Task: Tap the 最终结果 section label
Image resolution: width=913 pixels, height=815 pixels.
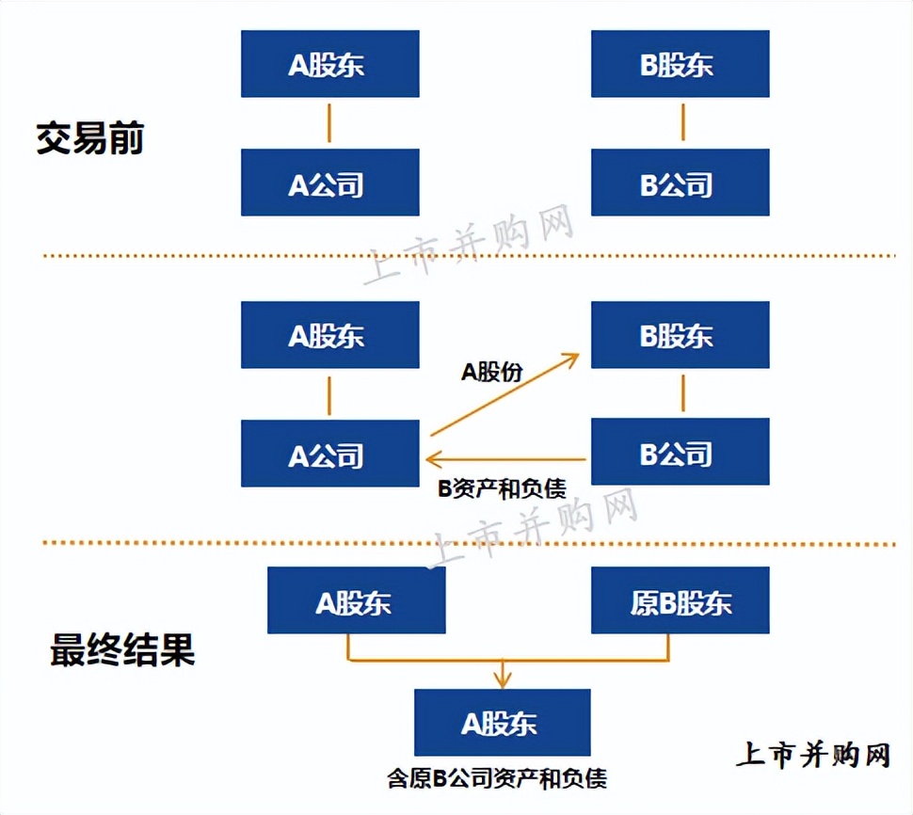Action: (122, 650)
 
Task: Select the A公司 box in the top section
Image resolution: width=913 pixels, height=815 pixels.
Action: (329, 183)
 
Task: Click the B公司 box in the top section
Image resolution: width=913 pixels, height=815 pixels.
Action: (680, 183)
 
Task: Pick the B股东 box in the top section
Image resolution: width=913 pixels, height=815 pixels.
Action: (680, 64)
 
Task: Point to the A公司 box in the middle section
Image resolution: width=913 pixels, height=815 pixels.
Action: (329, 454)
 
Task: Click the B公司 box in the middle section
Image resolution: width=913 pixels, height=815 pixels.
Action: (680, 453)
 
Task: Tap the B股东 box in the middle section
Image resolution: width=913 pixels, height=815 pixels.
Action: (680, 335)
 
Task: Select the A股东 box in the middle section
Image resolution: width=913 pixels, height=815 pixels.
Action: (329, 335)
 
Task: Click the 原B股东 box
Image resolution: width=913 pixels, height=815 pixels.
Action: (680, 600)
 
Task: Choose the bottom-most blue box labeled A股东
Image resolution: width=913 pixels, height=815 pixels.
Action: (502, 722)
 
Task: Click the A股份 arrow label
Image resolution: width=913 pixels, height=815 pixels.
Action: (491, 373)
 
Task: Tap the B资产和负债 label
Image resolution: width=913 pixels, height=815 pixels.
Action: (502, 488)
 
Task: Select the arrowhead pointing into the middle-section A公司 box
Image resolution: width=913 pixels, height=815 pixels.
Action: (433, 459)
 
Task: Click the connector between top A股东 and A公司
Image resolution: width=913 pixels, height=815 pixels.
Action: (328, 123)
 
